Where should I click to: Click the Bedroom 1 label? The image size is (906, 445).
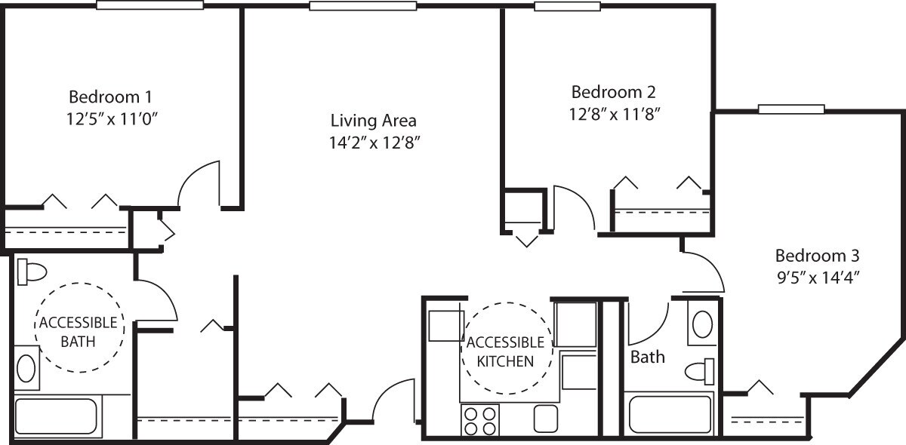111,97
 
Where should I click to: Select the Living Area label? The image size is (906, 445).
374,120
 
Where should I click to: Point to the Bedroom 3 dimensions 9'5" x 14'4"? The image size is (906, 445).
818,276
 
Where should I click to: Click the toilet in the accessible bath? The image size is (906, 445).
32,271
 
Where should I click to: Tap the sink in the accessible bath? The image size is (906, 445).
26,369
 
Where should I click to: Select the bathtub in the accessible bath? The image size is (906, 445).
56,417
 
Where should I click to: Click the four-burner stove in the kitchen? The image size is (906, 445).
480,419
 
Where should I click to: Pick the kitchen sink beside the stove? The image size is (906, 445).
544,419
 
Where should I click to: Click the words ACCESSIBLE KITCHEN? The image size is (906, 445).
505,351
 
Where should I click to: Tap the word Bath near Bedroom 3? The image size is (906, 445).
648,357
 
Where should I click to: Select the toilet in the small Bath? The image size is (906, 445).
700,371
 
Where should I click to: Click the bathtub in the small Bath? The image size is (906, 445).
670,414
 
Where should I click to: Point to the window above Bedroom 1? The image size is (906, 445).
150,5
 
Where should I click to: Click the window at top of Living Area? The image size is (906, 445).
363,5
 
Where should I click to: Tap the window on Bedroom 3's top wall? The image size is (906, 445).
791,109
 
